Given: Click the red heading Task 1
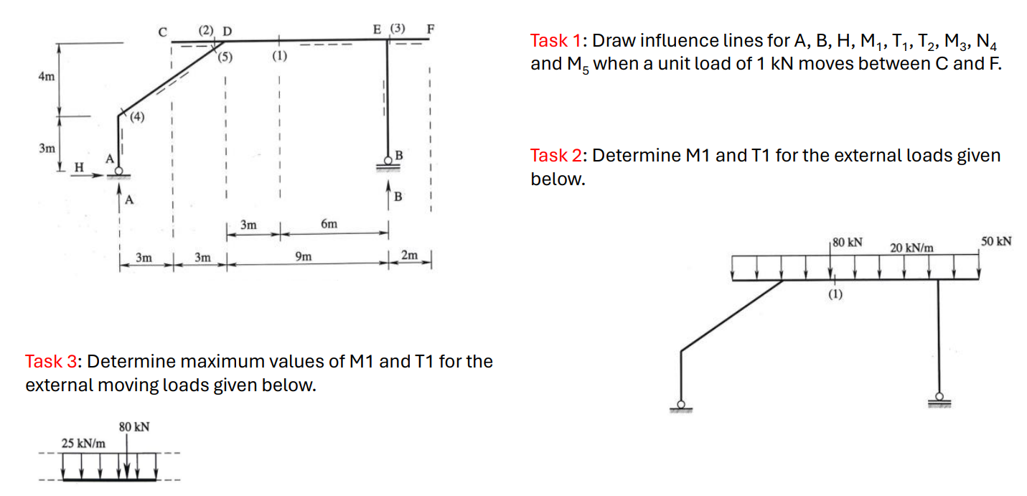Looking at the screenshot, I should coord(558,40).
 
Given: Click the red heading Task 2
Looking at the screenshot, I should coord(558,156).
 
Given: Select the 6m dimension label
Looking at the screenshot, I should coord(329,225).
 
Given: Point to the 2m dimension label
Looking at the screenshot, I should coord(409,256).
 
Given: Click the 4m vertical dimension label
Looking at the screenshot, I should coord(45,77).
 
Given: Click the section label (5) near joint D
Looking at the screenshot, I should coord(225,57).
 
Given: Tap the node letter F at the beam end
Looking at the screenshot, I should coord(431,29).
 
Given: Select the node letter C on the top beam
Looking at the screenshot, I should coord(163,31).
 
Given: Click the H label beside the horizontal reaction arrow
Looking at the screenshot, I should coord(80,167).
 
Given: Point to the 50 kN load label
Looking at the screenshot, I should coord(996,241).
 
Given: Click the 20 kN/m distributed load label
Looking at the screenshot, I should coord(911,248).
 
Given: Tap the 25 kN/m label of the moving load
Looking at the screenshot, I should coord(83,444).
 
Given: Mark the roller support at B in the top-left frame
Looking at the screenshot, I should coord(388,165).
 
